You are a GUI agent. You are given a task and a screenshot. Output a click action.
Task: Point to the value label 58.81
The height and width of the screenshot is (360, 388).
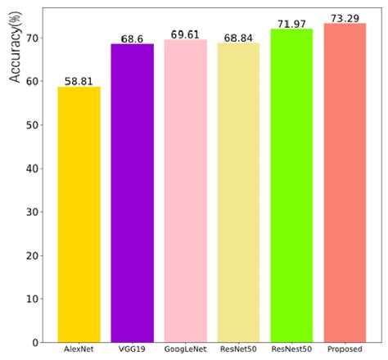click(x=79, y=81)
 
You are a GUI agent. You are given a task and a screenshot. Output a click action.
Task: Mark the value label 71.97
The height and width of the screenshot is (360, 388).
click(x=291, y=24)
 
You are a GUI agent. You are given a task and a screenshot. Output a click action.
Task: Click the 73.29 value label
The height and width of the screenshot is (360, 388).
click(x=345, y=18)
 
